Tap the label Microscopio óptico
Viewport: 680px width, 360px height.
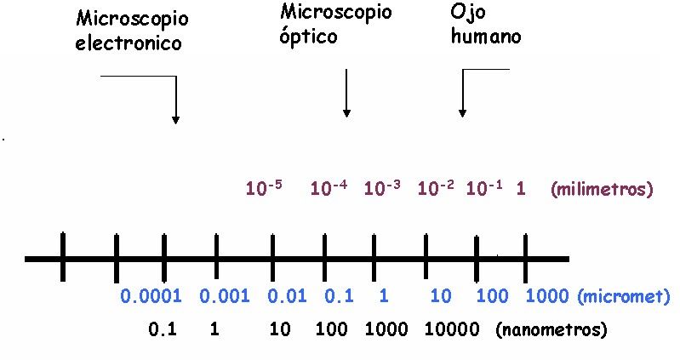pyautogui.click(x=335, y=26)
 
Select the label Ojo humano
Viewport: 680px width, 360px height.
pyautogui.click(x=484, y=26)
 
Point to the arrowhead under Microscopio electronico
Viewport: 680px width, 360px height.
pyautogui.click(x=175, y=119)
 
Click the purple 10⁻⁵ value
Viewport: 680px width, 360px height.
pyautogui.click(x=263, y=188)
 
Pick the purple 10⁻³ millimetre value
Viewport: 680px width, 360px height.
pyautogui.click(x=382, y=188)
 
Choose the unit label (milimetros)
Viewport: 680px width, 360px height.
pyautogui.click(x=602, y=189)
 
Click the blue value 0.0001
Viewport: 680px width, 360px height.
pyautogui.click(x=151, y=296)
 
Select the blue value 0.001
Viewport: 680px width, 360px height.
pyautogui.click(x=225, y=296)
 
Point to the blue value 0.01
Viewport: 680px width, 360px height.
pyautogui.click(x=287, y=296)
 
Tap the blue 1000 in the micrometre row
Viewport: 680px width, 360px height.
pyautogui.click(x=549, y=296)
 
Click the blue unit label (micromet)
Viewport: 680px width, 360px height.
pyautogui.click(x=626, y=296)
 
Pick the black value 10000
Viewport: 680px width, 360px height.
pyautogui.click(x=450, y=329)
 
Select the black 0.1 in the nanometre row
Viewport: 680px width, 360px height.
pyautogui.click(x=162, y=329)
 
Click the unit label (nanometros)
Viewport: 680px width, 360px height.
pyautogui.click(x=551, y=329)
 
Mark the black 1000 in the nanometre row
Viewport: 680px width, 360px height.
pyautogui.click(x=385, y=329)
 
